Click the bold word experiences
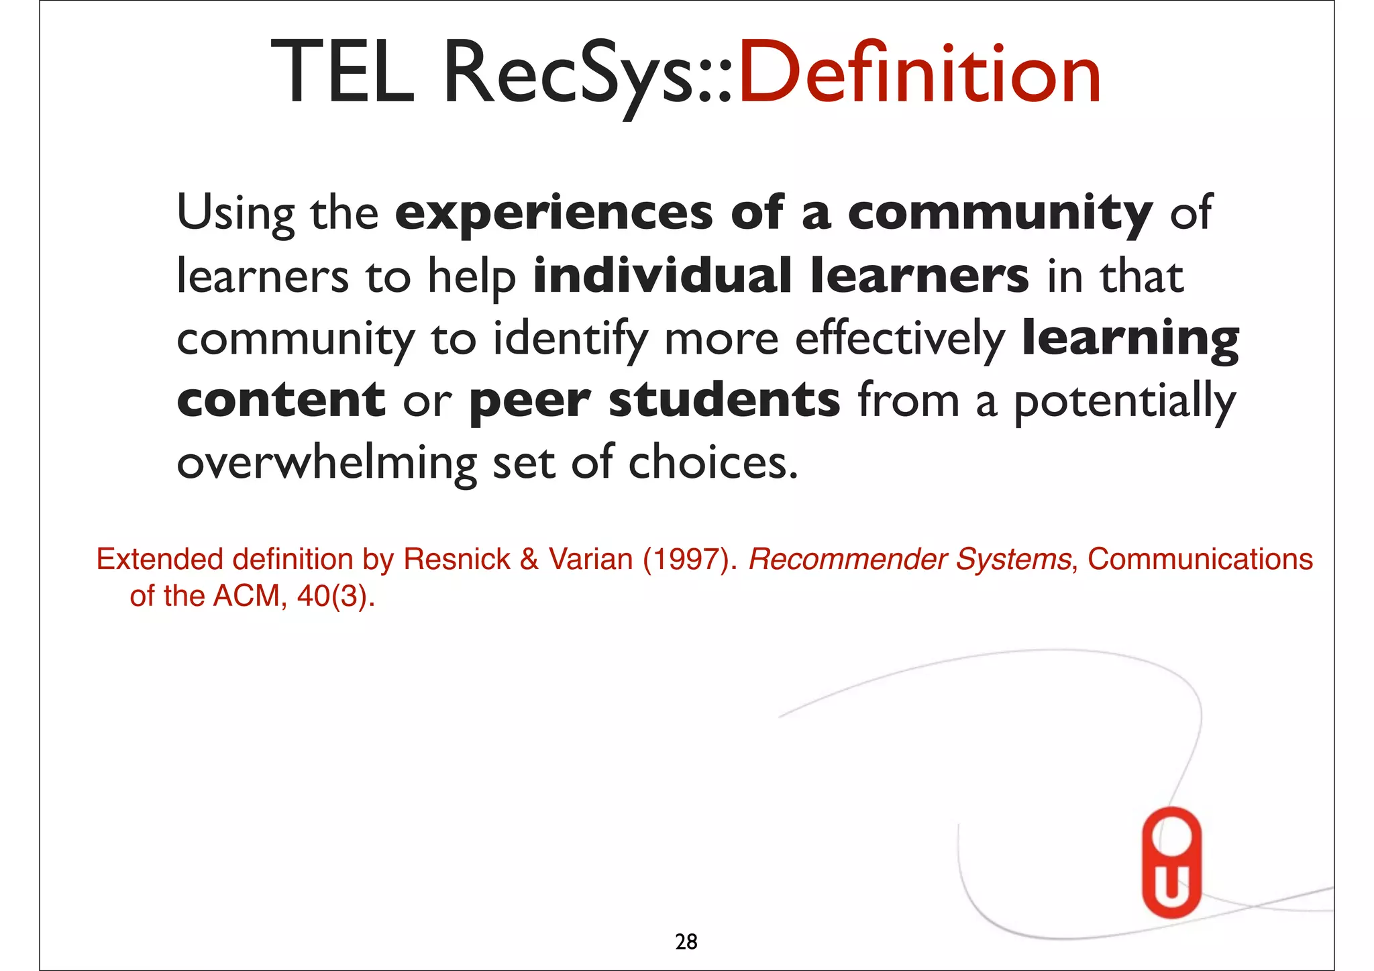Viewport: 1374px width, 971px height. tap(553, 213)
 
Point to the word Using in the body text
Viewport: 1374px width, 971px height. tap(235, 213)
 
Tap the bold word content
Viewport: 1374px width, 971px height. tap(280, 400)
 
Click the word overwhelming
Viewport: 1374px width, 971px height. tap(326, 463)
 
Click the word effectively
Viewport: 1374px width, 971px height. tap(899, 339)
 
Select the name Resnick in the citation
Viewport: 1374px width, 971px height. tap(456, 559)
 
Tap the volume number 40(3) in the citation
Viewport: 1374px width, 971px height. tap(333, 596)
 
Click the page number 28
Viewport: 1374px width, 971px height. tap(686, 942)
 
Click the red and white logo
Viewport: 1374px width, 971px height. tap(1171, 862)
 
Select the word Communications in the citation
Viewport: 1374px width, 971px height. tap(1200, 559)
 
